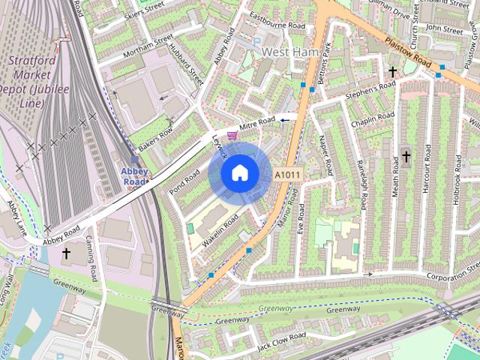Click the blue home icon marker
[239, 173]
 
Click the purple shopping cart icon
[232, 135]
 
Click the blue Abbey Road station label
[134, 176]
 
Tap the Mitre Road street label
[256, 124]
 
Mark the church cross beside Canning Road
[65, 253]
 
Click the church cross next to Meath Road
[406, 157]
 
